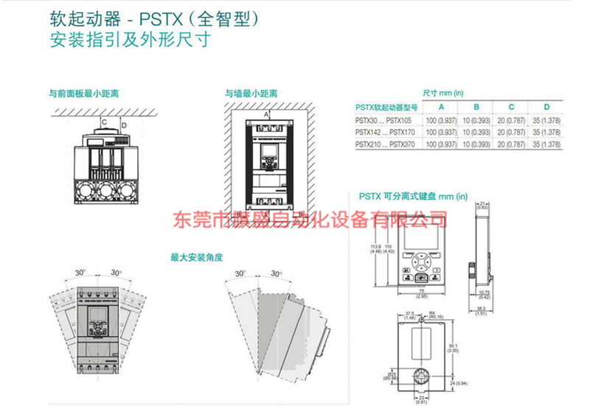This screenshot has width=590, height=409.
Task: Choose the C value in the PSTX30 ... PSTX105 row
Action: point(511,119)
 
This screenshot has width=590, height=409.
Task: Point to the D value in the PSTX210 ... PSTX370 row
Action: point(546,144)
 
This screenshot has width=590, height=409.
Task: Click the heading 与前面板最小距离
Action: point(84,94)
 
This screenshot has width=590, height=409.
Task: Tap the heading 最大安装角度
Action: point(196,258)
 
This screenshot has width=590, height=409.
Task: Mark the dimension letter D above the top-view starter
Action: point(124,125)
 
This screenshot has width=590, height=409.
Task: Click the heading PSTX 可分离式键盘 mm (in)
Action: point(413,196)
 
